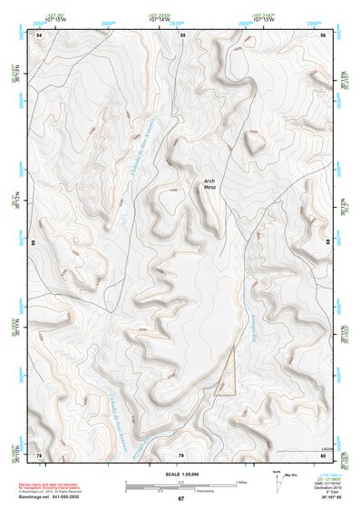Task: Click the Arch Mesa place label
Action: click(210, 184)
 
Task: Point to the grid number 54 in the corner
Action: click(39, 34)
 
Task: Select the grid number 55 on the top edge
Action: click(182, 34)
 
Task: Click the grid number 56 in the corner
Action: click(324, 34)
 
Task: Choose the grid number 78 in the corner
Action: click(39, 454)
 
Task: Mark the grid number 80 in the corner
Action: click(324, 454)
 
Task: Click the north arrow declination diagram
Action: click(277, 478)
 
